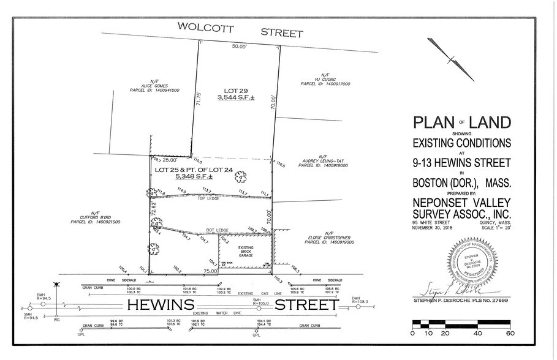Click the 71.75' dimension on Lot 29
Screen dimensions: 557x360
[198, 99]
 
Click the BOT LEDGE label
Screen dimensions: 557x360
[218, 230]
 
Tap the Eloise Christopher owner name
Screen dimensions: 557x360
[328, 237]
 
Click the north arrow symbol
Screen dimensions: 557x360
[451, 59]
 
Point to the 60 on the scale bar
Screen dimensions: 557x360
[509, 334]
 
